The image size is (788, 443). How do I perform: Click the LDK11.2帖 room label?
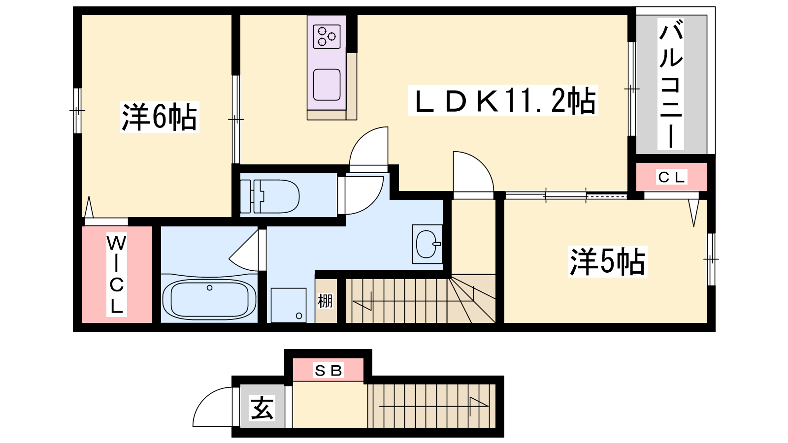[x=503, y=100]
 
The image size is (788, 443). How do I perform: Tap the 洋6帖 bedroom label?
[x=160, y=117]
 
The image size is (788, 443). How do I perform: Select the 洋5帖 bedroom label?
[x=608, y=262]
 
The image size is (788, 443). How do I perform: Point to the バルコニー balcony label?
[x=671, y=84]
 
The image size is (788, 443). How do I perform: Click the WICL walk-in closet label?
[x=116, y=275]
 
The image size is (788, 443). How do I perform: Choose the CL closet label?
[x=671, y=177]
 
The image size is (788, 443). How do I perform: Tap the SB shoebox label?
[x=328, y=371]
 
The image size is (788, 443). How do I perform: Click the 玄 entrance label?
[x=262, y=408]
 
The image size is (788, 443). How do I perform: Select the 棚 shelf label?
[x=325, y=301]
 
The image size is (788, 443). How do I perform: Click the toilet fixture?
[x=270, y=196]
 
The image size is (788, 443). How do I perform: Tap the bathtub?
[x=209, y=300]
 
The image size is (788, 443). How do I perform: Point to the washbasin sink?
[x=427, y=244]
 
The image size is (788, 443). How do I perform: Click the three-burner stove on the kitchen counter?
[x=327, y=36]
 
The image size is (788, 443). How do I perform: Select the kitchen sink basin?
[x=327, y=85]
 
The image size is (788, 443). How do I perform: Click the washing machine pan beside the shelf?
[x=289, y=305]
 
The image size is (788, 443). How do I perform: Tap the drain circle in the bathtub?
[x=210, y=288]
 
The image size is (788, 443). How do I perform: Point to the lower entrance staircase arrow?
[x=434, y=407]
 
